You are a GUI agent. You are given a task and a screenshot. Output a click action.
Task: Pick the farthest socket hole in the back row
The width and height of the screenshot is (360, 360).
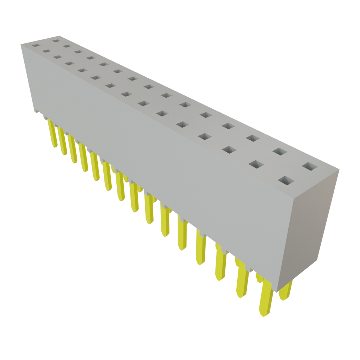(55, 40)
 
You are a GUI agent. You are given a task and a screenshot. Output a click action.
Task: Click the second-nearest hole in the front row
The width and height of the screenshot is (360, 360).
(257, 164)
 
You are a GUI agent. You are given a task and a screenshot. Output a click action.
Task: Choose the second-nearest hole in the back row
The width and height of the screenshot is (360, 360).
(279, 152)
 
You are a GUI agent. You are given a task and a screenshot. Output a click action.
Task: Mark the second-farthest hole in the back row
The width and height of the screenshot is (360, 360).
(66, 46)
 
